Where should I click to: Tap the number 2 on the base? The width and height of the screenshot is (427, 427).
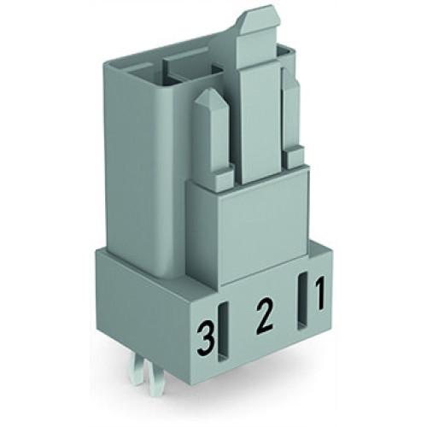tap(264, 319)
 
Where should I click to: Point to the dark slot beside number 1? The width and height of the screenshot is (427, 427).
tap(302, 301)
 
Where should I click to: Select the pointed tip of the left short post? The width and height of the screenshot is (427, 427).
tap(208, 97)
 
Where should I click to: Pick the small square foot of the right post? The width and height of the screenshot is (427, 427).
tap(294, 155)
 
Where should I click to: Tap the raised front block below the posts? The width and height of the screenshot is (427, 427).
tap(248, 218)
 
